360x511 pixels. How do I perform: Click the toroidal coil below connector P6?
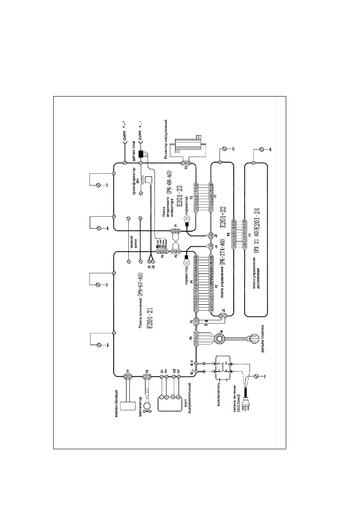pos(221,339)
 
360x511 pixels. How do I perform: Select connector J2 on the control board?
pos(223,316)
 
